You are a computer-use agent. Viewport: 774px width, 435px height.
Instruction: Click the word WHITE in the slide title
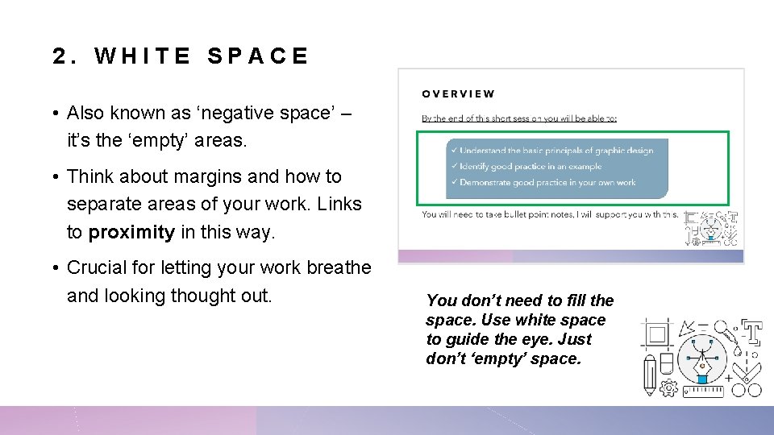pos(143,56)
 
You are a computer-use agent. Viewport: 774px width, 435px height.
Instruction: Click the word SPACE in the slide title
pos(257,56)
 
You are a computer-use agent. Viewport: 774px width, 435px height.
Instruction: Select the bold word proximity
pos(131,233)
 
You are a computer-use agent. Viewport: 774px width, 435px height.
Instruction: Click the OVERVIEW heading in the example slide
pos(458,93)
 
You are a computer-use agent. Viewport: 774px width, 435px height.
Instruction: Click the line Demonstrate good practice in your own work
pos(543,182)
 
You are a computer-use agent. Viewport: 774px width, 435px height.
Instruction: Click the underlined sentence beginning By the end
pos(519,118)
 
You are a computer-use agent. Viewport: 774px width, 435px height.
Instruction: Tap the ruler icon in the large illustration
pos(704,391)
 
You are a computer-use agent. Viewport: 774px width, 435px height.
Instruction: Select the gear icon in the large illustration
pos(668,388)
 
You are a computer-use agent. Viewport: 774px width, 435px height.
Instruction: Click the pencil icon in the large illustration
pos(650,377)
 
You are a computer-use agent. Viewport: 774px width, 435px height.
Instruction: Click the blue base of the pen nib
pos(702,379)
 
